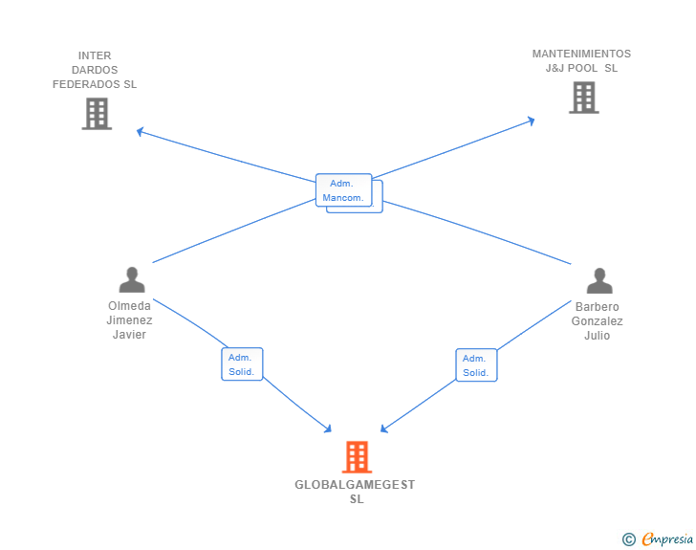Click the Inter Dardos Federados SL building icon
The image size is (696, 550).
click(97, 114)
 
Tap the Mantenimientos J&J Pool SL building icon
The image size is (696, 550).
click(583, 98)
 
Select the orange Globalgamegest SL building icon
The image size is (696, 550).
click(357, 457)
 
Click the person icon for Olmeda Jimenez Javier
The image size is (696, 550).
click(132, 279)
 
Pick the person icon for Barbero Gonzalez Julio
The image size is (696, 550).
click(599, 280)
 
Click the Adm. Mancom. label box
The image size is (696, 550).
click(343, 190)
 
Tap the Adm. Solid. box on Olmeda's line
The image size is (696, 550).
click(242, 364)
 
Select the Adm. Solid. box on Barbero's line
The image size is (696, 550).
click(476, 365)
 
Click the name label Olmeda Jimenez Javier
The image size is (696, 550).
click(129, 320)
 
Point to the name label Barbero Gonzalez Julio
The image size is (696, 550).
click(598, 321)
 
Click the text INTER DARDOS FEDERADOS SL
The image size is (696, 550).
click(95, 70)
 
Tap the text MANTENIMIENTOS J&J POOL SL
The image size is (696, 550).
click(581, 60)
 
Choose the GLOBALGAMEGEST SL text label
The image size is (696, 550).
click(356, 492)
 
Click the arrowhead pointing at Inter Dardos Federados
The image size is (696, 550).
click(140, 131)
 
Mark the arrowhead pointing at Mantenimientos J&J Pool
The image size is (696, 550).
click(531, 120)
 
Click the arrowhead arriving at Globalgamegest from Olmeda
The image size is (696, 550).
click(328, 429)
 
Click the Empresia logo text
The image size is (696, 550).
click(667, 539)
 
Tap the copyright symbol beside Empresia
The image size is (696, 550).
click(629, 539)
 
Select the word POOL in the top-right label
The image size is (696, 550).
click(585, 68)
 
